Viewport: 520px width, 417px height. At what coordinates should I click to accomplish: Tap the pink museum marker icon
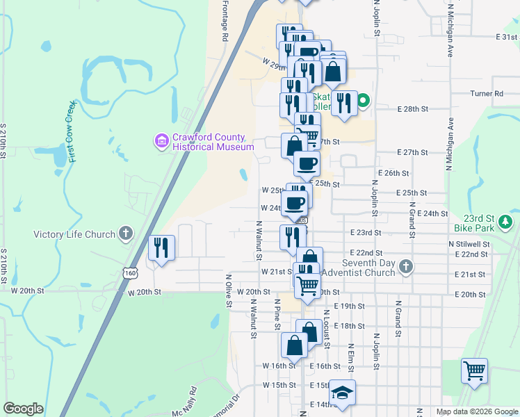[162, 142]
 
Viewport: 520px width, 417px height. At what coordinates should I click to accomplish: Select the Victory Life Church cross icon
[126, 234]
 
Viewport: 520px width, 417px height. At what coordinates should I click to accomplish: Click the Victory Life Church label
[74, 234]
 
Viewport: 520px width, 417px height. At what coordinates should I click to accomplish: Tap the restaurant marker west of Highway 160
[161, 248]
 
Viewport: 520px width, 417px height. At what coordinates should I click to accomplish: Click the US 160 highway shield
[131, 274]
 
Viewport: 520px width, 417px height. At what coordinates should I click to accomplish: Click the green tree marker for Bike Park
[507, 222]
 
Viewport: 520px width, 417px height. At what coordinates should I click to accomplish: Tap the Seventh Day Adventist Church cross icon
[406, 266]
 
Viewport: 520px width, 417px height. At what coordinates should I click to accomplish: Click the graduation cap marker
[341, 391]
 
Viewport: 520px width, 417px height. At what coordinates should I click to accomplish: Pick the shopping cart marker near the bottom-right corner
[474, 370]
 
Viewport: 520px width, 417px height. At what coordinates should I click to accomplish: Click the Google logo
[23, 409]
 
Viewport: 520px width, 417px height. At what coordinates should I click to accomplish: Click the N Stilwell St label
[469, 245]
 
